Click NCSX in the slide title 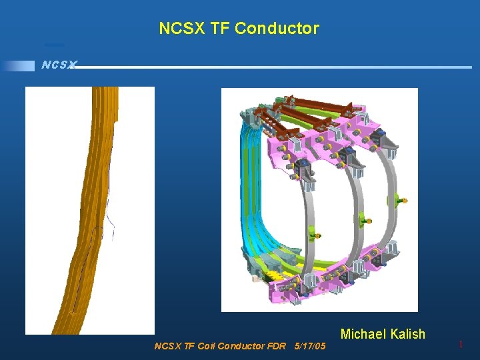tap(178, 29)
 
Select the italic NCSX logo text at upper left tap(59, 65)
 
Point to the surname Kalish tap(407, 334)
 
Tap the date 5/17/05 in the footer tap(310, 346)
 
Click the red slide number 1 tap(460, 345)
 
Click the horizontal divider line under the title tap(267, 67)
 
